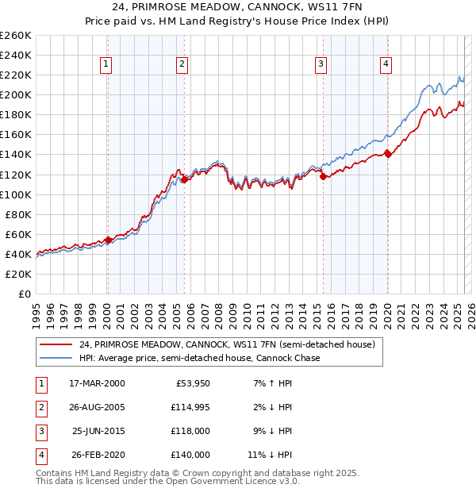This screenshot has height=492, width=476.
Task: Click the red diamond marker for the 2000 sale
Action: point(108,240)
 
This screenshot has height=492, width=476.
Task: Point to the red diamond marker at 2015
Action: point(323,177)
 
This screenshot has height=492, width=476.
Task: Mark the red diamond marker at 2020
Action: point(388,154)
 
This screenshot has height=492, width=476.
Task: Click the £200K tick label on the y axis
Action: point(16,94)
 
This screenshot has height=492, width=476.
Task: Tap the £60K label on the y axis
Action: point(18,234)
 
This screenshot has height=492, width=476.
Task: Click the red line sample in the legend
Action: point(56,344)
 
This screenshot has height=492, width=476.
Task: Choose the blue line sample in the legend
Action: point(56,358)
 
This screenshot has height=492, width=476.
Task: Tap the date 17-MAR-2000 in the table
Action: point(97,383)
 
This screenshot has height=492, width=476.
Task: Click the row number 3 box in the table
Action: point(40,431)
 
